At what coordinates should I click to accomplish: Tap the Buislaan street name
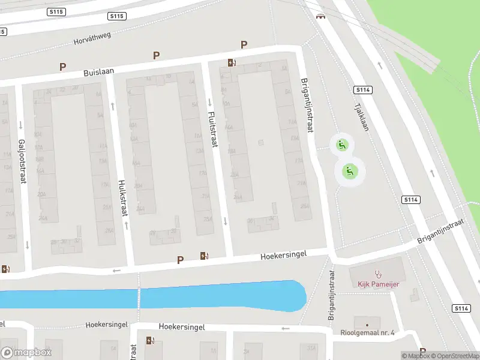coord(99,72)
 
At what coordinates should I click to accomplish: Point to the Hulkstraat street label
coord(122,197)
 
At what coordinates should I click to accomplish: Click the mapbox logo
coord(27,352)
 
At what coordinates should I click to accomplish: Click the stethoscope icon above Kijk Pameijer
coord(378,274)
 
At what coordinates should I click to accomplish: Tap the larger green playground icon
coord(350,172)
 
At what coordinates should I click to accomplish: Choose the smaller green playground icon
coord(341,144)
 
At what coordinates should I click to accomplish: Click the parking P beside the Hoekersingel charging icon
coord(180,260)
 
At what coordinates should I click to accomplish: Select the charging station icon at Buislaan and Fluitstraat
coord(232,62)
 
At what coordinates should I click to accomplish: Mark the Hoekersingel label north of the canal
coord(283,254)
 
